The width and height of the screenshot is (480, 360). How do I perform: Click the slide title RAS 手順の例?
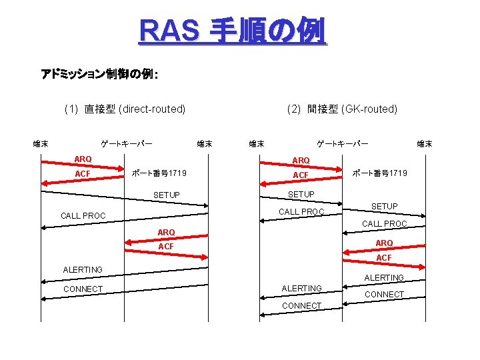tap(233, 31)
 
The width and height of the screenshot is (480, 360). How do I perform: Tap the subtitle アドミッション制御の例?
tap(99, 73)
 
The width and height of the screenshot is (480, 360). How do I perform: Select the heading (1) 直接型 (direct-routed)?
tap(125, 109)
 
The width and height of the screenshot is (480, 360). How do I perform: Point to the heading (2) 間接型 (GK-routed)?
tap(342, 109)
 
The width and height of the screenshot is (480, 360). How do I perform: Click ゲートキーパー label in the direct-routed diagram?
tap(126, 143)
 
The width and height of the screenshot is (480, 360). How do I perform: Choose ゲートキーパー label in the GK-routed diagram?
tap(342, 143)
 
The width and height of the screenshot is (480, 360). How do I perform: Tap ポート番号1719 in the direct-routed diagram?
tap(159, 173)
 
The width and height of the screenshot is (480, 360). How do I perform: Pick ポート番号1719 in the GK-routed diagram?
tap(379, 173)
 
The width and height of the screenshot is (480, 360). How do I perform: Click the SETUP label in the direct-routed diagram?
tap(166, 195)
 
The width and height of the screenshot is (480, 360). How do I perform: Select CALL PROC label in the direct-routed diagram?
tap(83, 216)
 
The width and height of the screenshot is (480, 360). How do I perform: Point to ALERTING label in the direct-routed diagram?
tap(83, 269)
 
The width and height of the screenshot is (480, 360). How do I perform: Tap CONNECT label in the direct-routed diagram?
tap(83, 289)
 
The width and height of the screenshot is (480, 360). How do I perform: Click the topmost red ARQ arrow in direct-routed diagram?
tap(83, 164)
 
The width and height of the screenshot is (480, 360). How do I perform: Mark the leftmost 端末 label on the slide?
tap(41, 143)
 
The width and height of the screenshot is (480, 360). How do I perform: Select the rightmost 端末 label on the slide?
tap(425, 143)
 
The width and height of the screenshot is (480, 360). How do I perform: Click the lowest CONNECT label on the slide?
tap(301, 305)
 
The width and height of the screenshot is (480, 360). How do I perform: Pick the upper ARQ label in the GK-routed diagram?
tap(301, 160)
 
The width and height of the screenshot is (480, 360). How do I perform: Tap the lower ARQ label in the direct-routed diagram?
tap(166, 232)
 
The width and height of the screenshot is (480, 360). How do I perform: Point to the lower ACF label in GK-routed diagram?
tap(384, 257)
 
